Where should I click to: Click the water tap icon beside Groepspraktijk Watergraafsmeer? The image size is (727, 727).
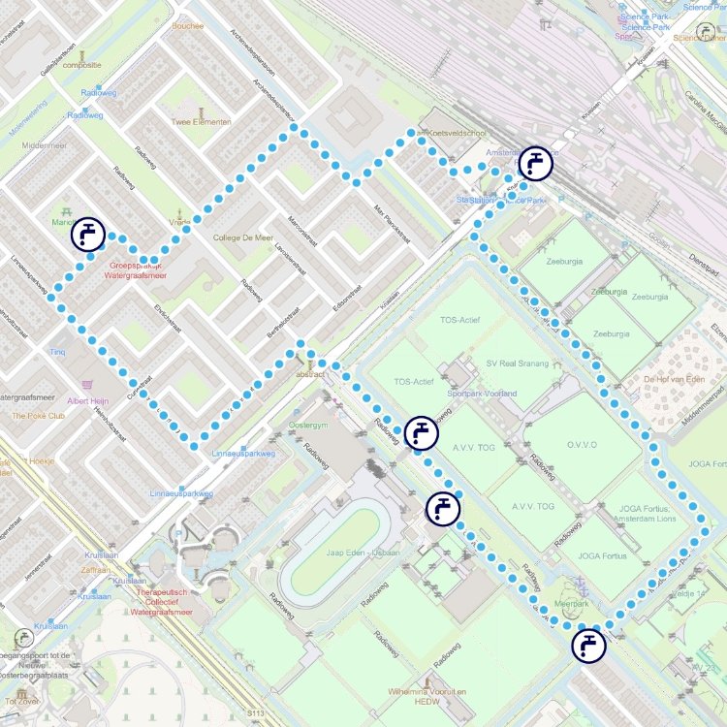click(x=88, y=234)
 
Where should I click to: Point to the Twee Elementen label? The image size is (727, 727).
click(x=202, y=122)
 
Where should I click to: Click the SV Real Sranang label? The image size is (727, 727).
click(x=517, y=363)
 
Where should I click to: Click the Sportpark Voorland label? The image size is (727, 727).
click(x=482, y=394)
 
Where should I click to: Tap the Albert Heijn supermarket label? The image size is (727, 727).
click(x=90, y=400)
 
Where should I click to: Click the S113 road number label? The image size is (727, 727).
click(x=255, y=714)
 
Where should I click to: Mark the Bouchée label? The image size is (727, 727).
click(x=187, y=26)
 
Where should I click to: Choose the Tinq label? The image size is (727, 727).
click(x=57, y=351)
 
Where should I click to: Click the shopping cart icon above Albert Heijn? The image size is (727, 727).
click(x=90, y=386)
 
